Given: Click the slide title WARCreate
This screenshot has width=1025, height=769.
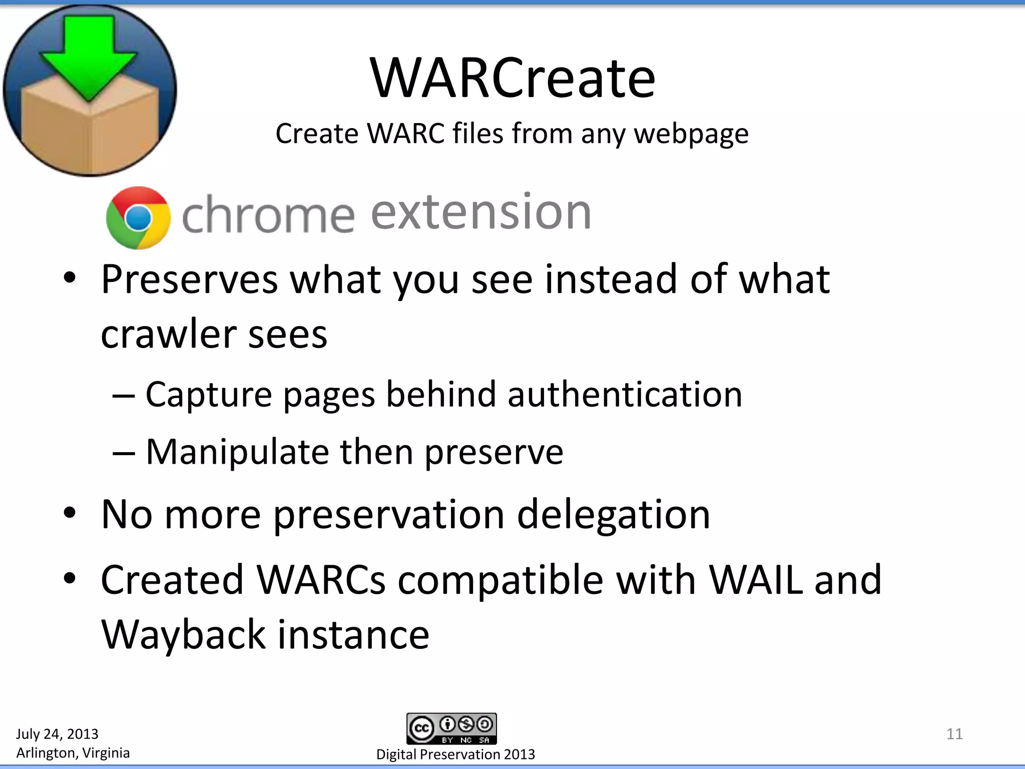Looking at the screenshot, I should coord(512,79).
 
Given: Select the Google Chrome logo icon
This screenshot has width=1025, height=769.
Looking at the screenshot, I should coord(138,218).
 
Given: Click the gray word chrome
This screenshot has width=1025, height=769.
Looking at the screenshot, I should coord(268,215).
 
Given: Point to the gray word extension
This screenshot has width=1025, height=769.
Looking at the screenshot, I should coord(480,213).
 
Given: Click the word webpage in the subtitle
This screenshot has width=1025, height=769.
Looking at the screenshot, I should coord(691,134).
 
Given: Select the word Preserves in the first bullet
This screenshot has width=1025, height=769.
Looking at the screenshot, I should coord(189,279).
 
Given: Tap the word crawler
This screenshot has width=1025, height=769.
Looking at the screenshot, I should coord(168,334).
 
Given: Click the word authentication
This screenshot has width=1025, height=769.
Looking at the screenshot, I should coord(625,395).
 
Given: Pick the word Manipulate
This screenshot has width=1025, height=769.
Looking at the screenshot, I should coord(237,452).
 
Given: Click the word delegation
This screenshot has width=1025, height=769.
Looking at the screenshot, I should coord(613,515).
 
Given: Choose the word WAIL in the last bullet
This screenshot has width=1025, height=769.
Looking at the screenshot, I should coord(756,580).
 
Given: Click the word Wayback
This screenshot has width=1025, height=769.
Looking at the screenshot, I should coord(183,635).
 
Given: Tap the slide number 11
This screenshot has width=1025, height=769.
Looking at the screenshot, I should coord(954,734).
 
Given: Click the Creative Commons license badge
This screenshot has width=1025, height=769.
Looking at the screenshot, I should coord(451,728).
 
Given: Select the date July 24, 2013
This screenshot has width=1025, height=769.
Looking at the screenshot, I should coord(57,734).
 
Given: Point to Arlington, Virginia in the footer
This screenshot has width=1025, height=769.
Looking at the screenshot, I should coord(73,753).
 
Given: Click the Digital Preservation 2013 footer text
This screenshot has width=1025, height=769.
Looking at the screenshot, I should coord(455,754).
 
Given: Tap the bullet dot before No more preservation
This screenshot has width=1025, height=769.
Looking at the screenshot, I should coord(70,513).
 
